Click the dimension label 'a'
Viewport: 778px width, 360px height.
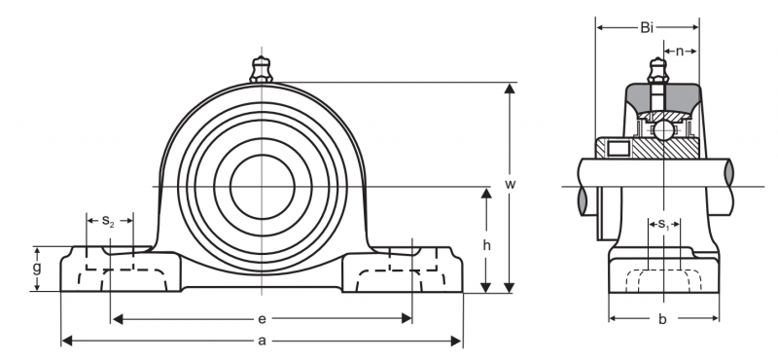262,341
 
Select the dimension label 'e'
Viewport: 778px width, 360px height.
262,319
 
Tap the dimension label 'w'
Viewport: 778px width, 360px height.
510,184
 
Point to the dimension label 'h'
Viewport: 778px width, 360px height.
487,245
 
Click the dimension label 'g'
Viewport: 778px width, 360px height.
37,269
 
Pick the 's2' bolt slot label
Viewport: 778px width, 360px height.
108,221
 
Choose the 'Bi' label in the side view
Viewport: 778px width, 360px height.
647,28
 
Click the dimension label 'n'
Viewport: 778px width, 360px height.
680,51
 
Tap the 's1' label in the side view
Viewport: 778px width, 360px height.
664,225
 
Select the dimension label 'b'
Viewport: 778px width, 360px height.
662,319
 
